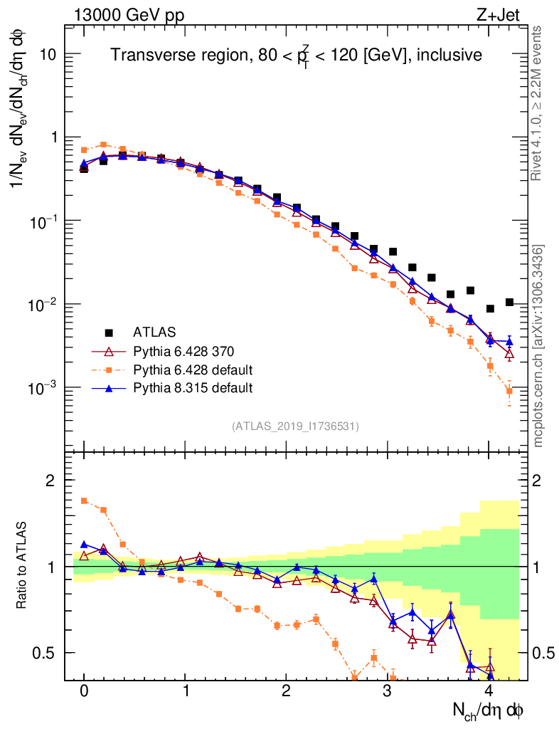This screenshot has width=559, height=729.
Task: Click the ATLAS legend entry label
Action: click(154, 332)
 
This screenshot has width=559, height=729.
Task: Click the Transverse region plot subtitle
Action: click(297, 55)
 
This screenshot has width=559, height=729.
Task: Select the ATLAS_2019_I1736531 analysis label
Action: click(295, 426)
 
